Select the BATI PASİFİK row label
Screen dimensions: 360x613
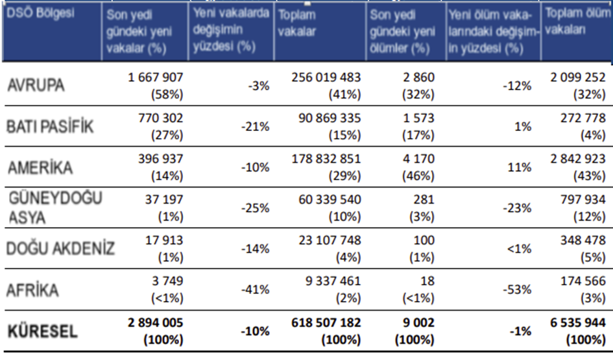[x=49, y=126]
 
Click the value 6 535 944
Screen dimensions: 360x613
[x=575, y=323]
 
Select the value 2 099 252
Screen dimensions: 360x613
[x=575, y=77]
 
